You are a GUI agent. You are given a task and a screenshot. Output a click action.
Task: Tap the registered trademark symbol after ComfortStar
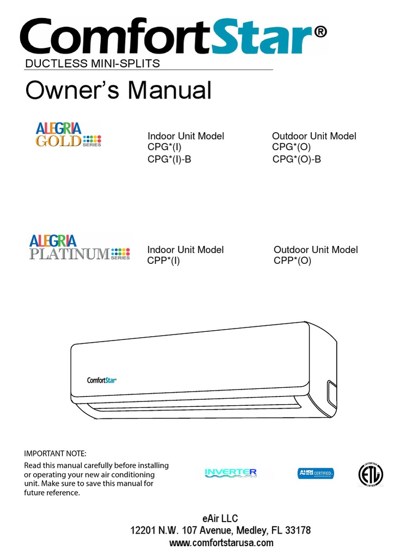[x=321, y=33]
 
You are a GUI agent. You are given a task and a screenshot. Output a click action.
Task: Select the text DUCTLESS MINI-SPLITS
[x=93, y=64]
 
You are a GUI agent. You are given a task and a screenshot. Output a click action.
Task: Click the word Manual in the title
[x=169, y=90]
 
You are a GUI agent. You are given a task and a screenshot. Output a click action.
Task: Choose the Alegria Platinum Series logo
[x=79, y=247]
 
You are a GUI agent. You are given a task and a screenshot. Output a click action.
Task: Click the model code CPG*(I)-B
[x=169, y=159]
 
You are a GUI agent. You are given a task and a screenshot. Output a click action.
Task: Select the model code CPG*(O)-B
[x=297, y=159]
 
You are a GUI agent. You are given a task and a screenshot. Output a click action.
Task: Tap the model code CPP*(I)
[x=163, y=261]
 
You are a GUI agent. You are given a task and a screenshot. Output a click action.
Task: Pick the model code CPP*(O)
[x=292, y=261]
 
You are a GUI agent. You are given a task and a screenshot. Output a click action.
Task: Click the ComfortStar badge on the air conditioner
[x=102, y=380]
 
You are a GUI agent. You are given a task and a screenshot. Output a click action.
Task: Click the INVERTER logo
[x=230, y=472]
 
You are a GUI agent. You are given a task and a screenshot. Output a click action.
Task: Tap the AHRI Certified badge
[x=316, y=474]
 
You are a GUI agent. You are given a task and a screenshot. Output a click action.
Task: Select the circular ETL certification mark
[x=370, y=475]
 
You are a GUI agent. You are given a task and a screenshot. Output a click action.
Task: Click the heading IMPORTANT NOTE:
[x=56, y=454]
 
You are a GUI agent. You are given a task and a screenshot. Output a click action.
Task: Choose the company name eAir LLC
[x=220, y=518]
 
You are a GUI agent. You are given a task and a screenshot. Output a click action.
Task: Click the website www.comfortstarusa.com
[x=221, y=543]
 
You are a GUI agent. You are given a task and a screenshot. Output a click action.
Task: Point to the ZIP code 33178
[x=298, y=530]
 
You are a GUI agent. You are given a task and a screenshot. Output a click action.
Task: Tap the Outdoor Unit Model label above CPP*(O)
[x=316, y=250]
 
